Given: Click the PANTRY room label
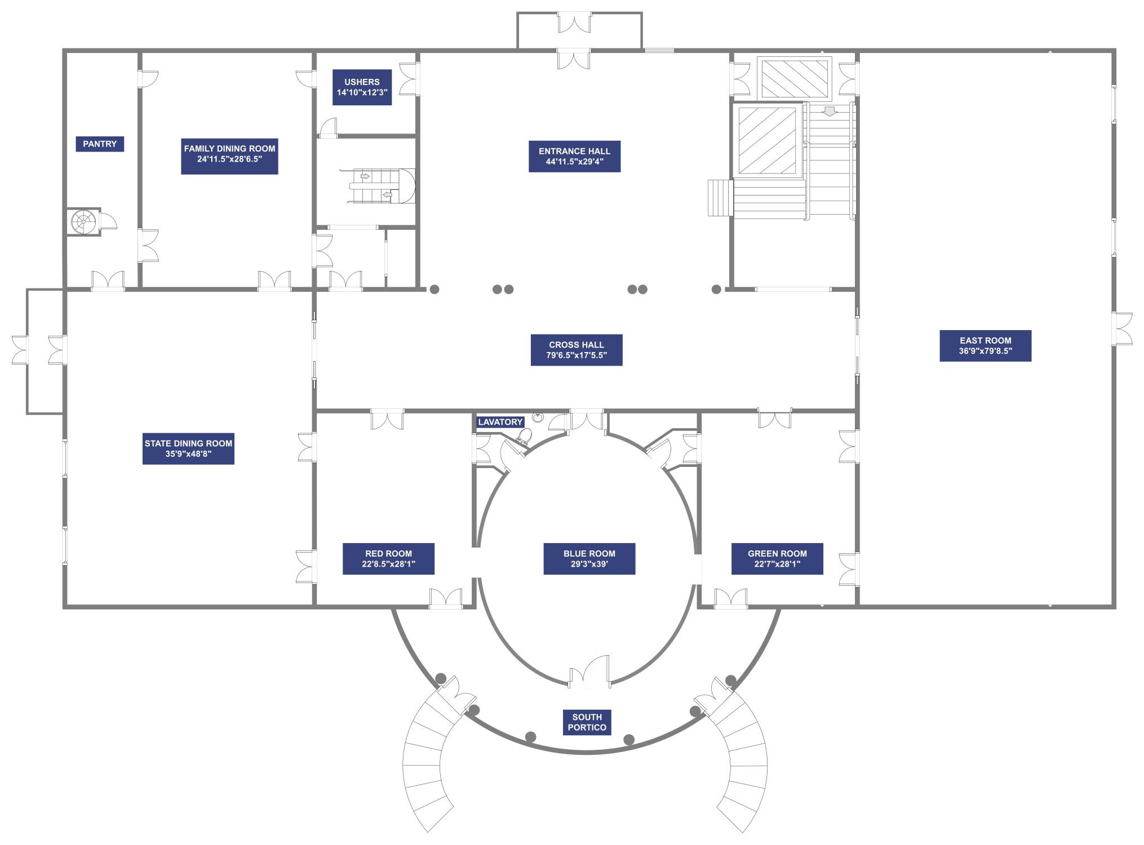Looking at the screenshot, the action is (x=100, y=144).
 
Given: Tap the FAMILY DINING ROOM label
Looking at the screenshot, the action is (x=229, y=154).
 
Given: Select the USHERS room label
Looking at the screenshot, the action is (x=362, y=87).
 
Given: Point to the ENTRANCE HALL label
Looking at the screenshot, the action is (x=574, y=157).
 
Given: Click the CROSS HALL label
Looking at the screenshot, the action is (x=577, y=350).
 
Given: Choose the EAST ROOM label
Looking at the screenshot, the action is (x=986, y=346).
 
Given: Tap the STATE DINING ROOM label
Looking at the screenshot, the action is (x=188, y=448).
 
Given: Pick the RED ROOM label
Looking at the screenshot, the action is (x=388, y=559).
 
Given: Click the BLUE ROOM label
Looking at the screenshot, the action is (x=589, y=559).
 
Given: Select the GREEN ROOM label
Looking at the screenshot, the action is (x=777, y=559).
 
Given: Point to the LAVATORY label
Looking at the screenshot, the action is (x=500, y=422).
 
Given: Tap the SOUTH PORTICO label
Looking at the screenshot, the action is (x=587, y=722).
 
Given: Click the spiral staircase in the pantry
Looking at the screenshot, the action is (x=83, y=221).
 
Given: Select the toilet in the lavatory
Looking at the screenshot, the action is (x=524, y=435).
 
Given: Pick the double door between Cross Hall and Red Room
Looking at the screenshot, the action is (x=387, y=420).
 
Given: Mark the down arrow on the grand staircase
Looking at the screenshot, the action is (x=829, y=112).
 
